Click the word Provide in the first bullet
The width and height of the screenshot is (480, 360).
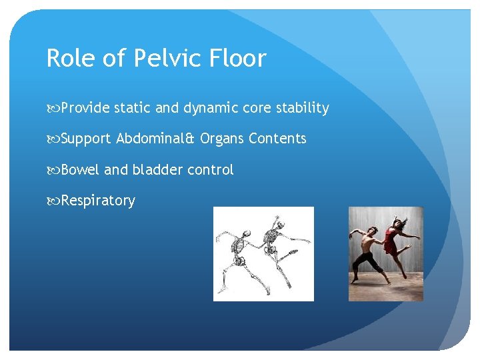(85, 108)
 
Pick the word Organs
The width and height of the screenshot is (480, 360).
(221, 139)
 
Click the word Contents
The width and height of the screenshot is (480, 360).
(277, 139)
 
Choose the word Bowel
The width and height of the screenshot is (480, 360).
(81, 170)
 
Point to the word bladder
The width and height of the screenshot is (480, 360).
(157, 170)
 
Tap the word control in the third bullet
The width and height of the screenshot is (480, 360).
(210, 170)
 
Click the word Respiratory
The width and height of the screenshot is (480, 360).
(98, 201)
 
